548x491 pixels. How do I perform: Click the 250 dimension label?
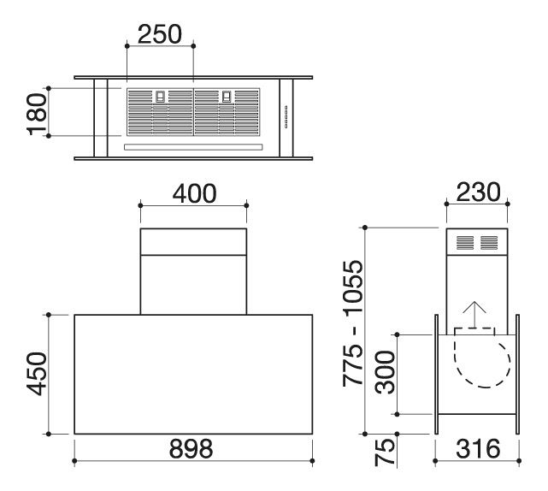click(160, 34)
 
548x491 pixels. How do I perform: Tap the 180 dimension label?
click(37, 115)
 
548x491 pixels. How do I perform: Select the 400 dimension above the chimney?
click(194, 193)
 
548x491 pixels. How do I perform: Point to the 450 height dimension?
click(37, 374)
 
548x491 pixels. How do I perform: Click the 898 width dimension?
click(191, 449)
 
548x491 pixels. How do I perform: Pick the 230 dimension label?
click(478, 192)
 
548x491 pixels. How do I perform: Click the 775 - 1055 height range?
click(353, 323)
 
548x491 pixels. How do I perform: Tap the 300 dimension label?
click(385, 372)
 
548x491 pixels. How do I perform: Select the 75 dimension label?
click(385, 453)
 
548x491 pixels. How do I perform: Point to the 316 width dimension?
click(478, 449)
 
